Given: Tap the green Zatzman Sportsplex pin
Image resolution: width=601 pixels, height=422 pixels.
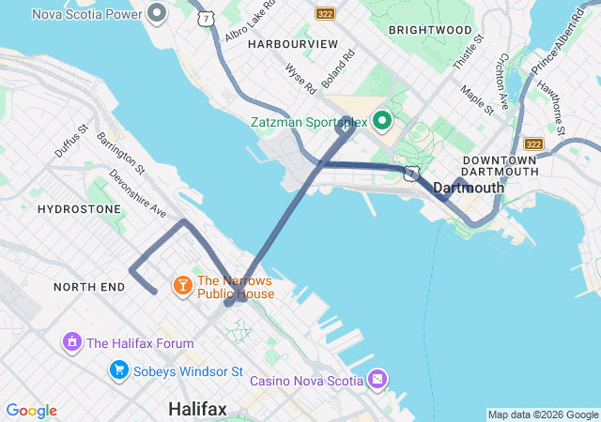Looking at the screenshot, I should click(382, 121).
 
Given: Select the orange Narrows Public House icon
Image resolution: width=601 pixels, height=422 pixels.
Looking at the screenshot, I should click(181, 283).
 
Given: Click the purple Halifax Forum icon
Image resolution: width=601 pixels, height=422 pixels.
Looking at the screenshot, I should click(70, 342).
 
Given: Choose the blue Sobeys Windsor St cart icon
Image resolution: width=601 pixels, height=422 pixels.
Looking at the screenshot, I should click(118, 369).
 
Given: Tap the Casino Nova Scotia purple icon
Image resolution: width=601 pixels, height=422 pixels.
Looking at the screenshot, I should click(377, 379).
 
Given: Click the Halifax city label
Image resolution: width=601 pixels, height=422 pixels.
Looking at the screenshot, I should click(197, 409).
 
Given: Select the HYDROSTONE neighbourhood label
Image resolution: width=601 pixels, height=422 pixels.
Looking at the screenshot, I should click(79, 208).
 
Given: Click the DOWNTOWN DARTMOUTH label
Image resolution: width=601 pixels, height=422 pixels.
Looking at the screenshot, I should click(501, 166).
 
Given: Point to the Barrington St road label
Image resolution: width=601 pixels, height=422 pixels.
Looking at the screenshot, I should click(121, 153).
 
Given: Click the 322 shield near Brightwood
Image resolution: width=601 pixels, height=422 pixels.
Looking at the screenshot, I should click(325, 13).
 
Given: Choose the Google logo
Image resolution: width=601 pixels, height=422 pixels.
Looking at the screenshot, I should click(31, 411).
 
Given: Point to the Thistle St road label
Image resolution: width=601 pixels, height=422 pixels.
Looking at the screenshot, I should click(468, 53).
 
